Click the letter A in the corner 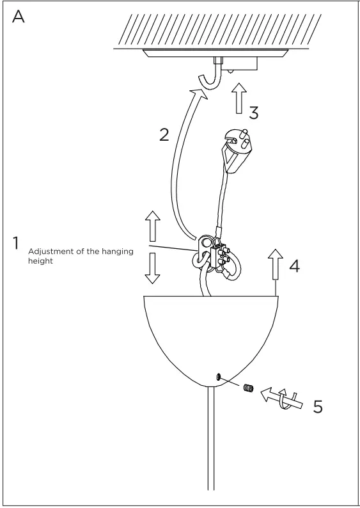point(19,17)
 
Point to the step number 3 point(253,113)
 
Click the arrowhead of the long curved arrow point(200,96)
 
